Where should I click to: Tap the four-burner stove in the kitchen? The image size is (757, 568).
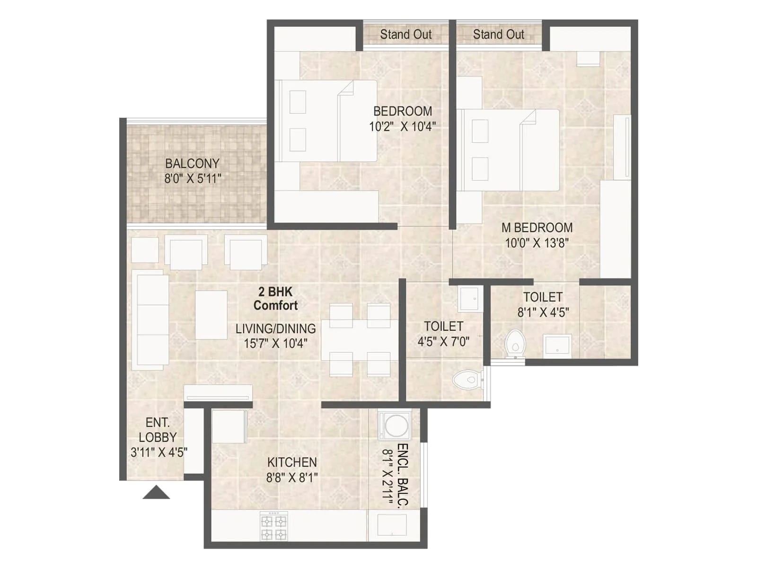point(274,526)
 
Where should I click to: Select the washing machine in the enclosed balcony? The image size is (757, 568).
point(395,426)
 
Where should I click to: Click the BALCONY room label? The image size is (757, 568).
point(192,163)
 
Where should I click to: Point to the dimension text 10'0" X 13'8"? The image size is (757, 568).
point(537,243)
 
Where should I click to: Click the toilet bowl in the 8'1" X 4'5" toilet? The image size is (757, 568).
point(514,344)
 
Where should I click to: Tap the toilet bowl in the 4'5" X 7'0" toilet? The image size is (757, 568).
point(466,379)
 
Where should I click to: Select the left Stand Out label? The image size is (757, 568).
point(405,35)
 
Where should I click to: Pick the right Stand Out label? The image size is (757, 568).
point(498,35)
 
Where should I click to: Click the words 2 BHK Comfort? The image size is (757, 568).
point(275,299)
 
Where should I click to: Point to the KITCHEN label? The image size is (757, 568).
point(292,462)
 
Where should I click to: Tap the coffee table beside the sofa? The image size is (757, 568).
point(211,315)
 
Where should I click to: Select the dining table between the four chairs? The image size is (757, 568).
point(360,340)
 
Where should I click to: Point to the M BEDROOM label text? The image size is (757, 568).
point(537,228)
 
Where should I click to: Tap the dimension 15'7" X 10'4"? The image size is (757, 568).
point(275,343)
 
